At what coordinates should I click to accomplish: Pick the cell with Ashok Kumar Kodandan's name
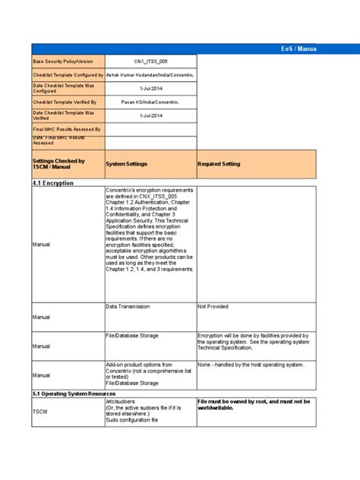(150, 75)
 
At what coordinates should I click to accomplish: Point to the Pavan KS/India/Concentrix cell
(150, 101)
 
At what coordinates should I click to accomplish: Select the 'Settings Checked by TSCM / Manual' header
(58, 164)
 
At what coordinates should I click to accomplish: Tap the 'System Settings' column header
(126, 164)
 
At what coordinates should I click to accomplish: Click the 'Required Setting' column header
(219, 164)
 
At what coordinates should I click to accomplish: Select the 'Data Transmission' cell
(128, 307)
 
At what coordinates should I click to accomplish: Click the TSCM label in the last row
(40, 410)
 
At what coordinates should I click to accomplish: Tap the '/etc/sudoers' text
(123, 401)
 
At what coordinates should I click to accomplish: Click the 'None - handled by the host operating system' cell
(250, 365)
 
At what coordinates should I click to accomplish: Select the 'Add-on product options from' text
(138, 365)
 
